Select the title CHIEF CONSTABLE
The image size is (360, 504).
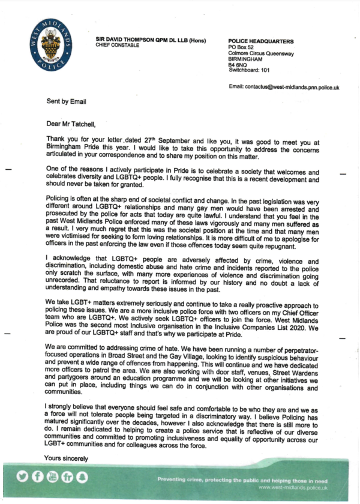(x=118, y=46)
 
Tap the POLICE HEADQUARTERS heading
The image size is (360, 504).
(x=261, y=41)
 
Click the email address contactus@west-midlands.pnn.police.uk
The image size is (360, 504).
(x=284, y=88)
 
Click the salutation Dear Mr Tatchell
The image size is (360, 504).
(x=75, y=124)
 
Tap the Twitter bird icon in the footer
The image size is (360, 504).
(x=22, y=478)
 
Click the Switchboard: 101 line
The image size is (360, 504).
(x=253, y=70)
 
